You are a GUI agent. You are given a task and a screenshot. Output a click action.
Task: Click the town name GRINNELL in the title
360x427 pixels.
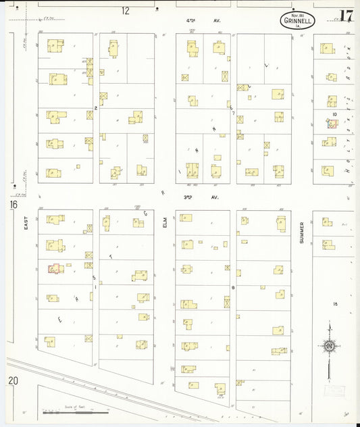298,20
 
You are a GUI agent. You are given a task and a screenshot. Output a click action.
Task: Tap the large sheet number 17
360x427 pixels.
346,16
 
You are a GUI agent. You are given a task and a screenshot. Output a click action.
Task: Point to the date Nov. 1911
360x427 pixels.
298,14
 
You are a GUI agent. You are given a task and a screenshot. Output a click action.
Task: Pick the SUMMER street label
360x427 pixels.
301,233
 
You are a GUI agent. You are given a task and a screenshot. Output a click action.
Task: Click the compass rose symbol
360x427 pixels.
329,347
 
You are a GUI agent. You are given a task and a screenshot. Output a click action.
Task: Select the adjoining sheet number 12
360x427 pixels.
126,11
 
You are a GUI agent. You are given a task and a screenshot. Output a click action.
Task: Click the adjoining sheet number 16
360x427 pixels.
14,204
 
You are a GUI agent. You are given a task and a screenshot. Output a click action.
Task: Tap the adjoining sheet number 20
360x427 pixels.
14,381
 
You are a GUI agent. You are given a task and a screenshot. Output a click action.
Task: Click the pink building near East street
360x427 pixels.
54,268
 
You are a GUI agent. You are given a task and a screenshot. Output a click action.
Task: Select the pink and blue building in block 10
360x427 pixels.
331,124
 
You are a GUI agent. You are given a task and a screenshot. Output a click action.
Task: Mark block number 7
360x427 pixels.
233,113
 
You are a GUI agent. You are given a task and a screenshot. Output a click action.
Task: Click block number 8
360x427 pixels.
233,287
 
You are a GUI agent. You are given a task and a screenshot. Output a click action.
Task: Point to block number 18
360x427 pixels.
334,305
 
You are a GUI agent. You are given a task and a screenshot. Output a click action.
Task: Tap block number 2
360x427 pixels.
96,107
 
